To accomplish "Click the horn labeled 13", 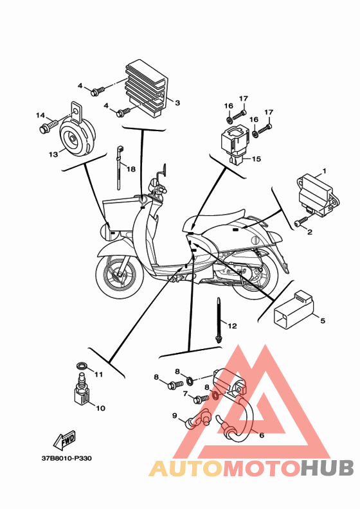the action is coord(78,133).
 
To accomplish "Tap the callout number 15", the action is coord(256,159).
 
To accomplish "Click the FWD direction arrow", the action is coord(65,440).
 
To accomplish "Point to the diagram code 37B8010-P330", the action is coord(67,458).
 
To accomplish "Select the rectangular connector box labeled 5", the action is coord(294,309).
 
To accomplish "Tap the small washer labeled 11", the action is coord(82,366).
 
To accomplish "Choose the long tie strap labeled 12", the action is coord(219,320).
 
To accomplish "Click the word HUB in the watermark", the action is coord(327,469).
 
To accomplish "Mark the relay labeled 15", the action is coord(234,144).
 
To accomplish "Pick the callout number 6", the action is coord(262,435).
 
